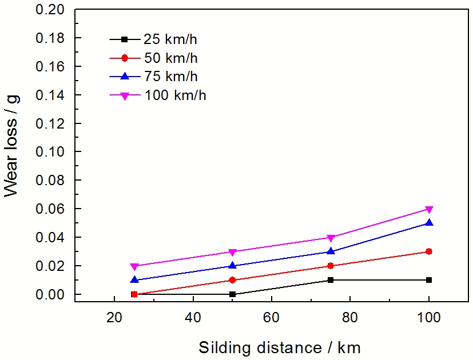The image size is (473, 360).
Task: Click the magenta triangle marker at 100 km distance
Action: [429, 209]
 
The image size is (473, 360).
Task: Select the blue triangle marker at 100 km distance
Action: [429, 223]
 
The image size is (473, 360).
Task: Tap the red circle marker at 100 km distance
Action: [429, 251]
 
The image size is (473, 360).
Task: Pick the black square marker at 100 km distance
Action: [429, 280]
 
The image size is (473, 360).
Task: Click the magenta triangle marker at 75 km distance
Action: [330, 238]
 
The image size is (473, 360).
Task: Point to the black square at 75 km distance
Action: [330, 280]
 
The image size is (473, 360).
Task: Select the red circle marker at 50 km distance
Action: [232, 280]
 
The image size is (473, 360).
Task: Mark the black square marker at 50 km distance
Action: [232, 294]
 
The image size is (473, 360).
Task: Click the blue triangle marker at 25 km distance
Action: [134, 280]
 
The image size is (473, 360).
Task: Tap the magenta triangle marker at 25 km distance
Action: [134, 266]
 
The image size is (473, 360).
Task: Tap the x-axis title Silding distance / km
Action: [280, 347]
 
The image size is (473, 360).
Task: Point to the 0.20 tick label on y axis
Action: [51, 10]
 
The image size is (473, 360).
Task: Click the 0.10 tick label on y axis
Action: [51, 152]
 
